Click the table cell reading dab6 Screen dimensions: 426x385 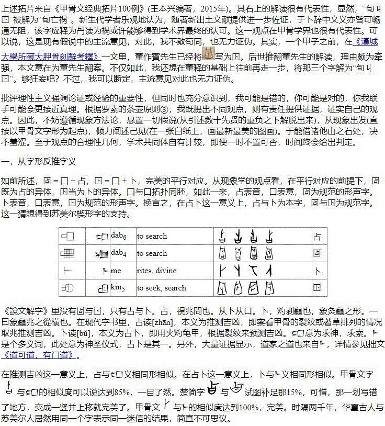118,236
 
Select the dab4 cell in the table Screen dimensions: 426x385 118,253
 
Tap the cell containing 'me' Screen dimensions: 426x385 116,271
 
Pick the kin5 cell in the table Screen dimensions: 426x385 118,288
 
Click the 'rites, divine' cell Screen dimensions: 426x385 157,271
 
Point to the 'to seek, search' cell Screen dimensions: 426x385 162,288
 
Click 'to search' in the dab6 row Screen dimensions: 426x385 152,236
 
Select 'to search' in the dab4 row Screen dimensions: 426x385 152,253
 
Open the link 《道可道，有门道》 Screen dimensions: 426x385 39,356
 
